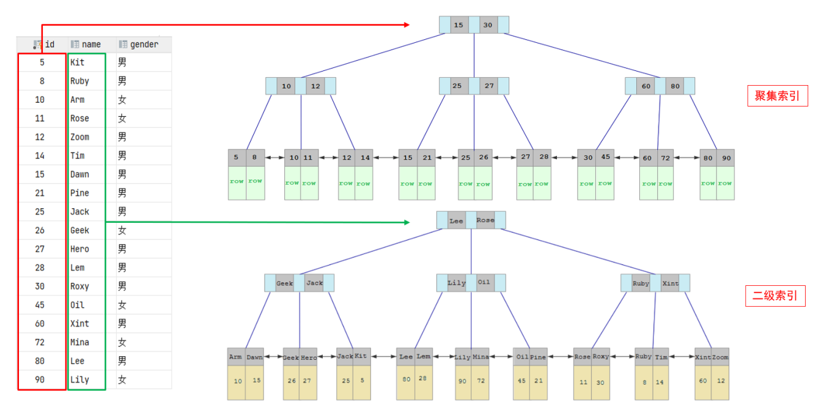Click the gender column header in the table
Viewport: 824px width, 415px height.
pyautogui.click(x=144, y=45)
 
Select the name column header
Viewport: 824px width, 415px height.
pyautogui.click(x=91, y=45)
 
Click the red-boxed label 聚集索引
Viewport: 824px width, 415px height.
pyautogui.click(x=778, y=95)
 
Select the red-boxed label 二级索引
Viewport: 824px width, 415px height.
pyautogui.click(x=775, y=296)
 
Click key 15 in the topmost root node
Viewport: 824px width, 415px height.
pyautogui.click(x=458, y=25)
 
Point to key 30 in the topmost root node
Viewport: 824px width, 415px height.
pyautogui.click(x=488, y=25)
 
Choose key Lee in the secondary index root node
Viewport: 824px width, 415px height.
pyautogui.click(x=456, y=221)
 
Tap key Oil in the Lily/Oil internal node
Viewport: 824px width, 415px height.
pyautogui.click(x=484, y=282)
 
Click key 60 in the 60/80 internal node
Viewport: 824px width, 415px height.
pyautogui.click(x=646, y=86)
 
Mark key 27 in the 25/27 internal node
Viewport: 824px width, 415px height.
pyautogui.click(x=489, y=86)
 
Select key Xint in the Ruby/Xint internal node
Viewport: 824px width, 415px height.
pyautogui.click(x=670, y=283)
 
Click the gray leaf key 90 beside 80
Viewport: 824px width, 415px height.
pyautogui.click(x=726, y=158)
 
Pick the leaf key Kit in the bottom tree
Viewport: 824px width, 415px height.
pyautogui.click(x=361, y=356)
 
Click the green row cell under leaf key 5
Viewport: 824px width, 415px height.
pyautogui.click(x=237, y=182)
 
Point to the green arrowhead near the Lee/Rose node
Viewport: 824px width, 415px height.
pyautogui.click(x=407, y=222)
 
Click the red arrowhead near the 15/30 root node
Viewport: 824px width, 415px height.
pyautogui.click(x=407, y=25)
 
